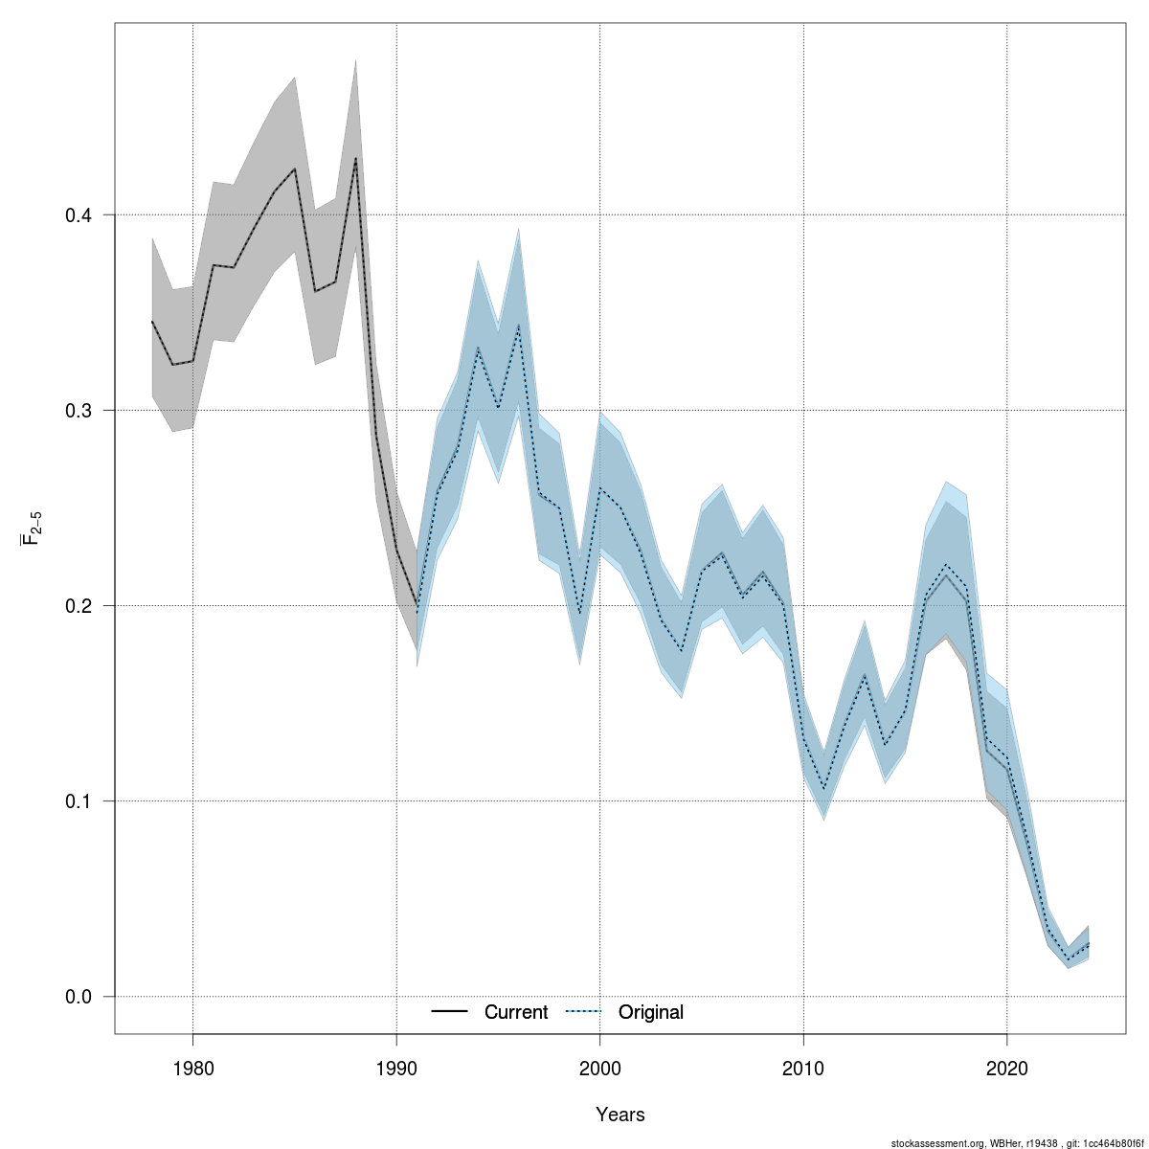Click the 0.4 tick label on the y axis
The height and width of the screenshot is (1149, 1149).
[x=79, y=215]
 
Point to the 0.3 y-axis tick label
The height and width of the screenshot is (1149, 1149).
[x=79, y=411]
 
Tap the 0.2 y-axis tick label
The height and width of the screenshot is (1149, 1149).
[x=79, y=606]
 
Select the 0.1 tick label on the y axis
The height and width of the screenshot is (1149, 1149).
[x=79, y=801]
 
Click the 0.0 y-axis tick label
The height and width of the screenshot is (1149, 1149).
[x=79, y=997]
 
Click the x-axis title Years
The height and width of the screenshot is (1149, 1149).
[x=620, y=1115]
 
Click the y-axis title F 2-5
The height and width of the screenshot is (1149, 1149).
[x=31, y=527]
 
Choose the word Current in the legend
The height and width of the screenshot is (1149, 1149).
[x=516, y=1012]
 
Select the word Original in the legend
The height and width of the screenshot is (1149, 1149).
[x=651, y=1012]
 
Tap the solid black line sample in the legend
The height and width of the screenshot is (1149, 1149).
[x=449, y=1012]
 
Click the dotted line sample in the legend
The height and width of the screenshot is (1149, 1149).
[x=583, y=1012]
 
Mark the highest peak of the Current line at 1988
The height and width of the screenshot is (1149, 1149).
[x=355, y=158]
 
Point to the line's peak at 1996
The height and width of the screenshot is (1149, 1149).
[x=518, y=326]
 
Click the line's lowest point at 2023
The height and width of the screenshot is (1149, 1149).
[x=1069, y=959]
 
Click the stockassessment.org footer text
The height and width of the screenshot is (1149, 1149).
[x=1017, y=1142]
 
